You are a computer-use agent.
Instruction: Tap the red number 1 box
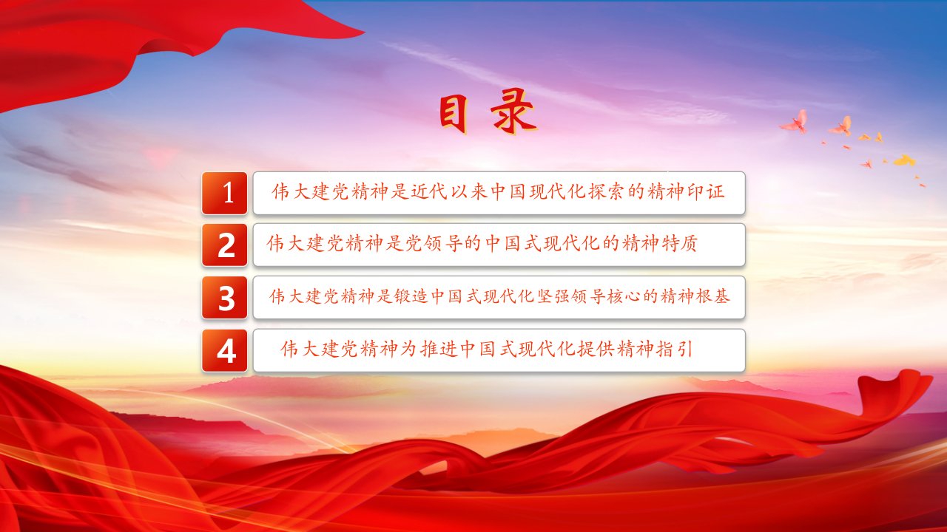point(224,193)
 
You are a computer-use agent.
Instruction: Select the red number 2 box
point(224,245)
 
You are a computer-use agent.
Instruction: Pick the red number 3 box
point(224,297)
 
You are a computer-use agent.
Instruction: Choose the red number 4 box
point(224,350)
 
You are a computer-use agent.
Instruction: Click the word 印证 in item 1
point(706,191)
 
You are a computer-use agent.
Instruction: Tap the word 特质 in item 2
point(679,243)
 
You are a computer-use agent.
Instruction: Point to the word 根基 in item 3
point(712,296)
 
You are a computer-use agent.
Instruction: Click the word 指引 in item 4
point(675,349)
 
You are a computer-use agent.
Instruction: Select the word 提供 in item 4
point(596,349)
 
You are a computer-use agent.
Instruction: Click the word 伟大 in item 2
point(286,243)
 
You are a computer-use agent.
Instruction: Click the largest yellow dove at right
point(905,160)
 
